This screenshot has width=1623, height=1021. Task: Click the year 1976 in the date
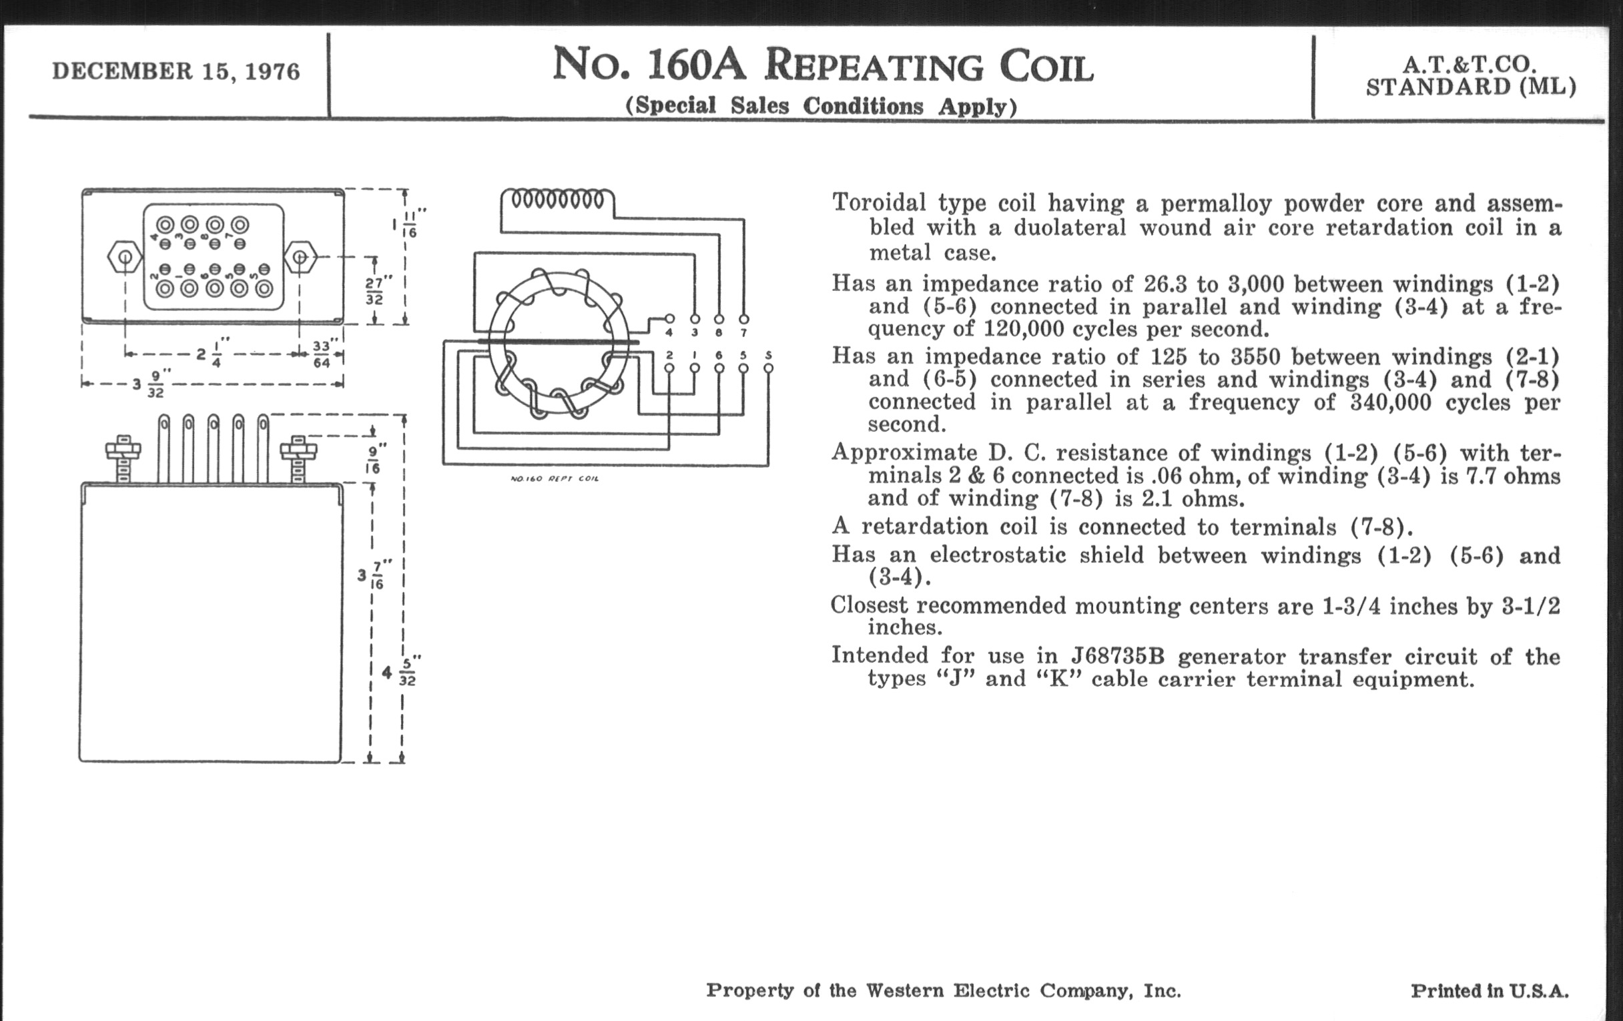coord(272,71)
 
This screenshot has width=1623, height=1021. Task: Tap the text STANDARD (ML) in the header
coord(1471,87)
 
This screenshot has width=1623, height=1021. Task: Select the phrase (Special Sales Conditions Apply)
coord(821,107)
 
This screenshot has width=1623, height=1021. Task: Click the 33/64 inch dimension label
coord(322,354)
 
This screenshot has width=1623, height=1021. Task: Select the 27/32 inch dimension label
coord(375,290)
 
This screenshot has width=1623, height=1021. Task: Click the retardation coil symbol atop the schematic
coord(557,200)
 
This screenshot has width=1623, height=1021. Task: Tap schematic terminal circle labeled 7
coord(743,319)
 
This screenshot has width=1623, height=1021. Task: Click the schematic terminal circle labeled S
coord(768,368)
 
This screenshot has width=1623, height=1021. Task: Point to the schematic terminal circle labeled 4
coord(669,319)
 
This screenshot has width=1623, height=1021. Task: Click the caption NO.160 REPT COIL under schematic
coord(554,478)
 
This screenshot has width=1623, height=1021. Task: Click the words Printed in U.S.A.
coord(1490,991)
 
